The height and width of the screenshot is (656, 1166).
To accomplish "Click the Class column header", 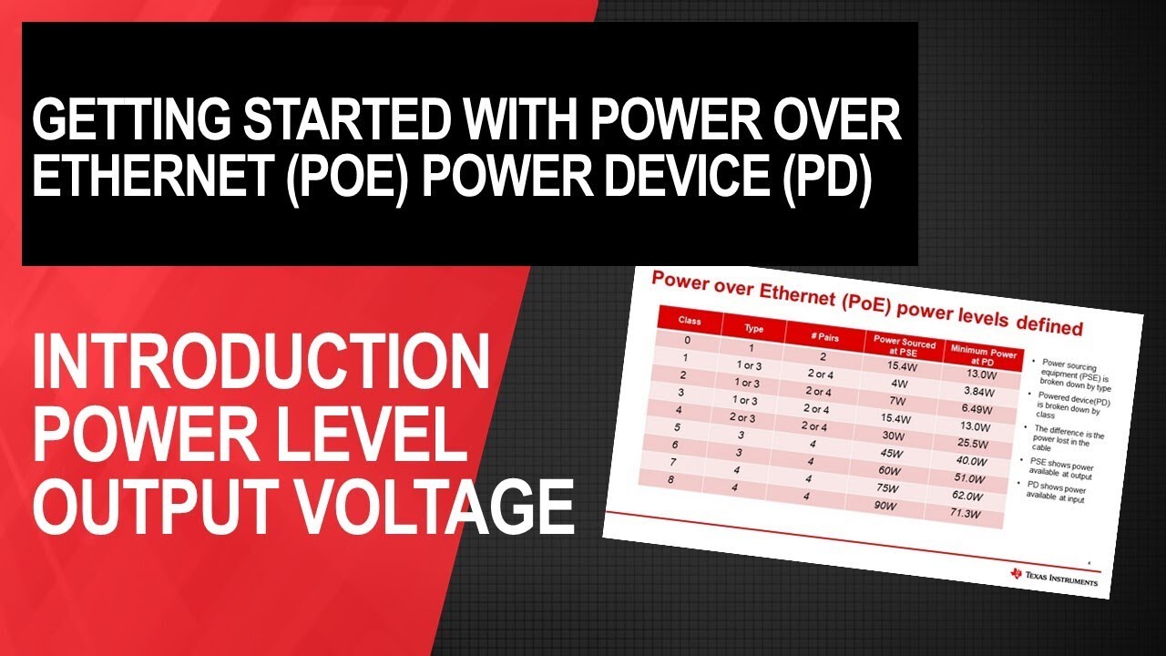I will [690, 321].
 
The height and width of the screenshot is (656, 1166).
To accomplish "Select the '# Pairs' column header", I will [823, 336].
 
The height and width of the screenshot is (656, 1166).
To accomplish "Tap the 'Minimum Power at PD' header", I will [982, 352].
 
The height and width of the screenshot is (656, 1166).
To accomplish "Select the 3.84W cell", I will [977, 392].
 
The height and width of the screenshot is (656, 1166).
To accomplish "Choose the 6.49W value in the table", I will [977, 409].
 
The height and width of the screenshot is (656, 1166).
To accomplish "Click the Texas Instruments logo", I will [1054, 577].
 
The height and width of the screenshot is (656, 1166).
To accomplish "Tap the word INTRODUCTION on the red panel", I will [261, 362].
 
